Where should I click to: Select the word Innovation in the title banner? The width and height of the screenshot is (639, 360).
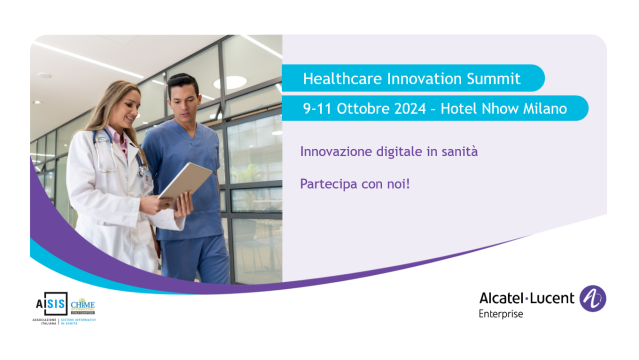pyautogui.click(x=421, y=78)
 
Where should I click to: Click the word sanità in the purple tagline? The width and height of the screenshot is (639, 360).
pyautogui.click(x=457, y=151)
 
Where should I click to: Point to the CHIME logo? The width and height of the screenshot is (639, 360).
pyautogui.click(x=83, y=304)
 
